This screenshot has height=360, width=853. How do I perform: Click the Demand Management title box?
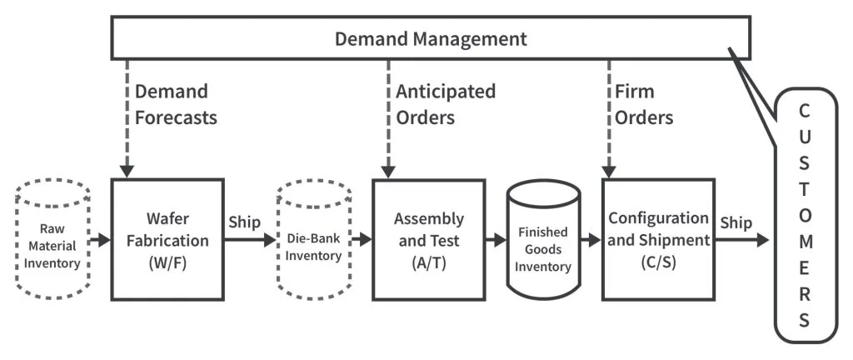click(x=431, y=39)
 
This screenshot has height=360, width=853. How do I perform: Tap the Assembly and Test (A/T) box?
click(x=428, y=240)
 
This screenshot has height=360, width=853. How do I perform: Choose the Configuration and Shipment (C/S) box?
click(x=658, y=240)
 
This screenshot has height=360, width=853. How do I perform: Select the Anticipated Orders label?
click(x=445, y=104)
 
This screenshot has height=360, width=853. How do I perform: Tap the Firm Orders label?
click(x=643, y=104)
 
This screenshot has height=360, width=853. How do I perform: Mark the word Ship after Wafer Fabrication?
click(x=243, y=223)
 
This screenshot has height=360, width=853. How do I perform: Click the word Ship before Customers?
click(x=736, y=223)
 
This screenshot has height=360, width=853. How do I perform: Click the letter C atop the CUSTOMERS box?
click(x=804, y=111)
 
